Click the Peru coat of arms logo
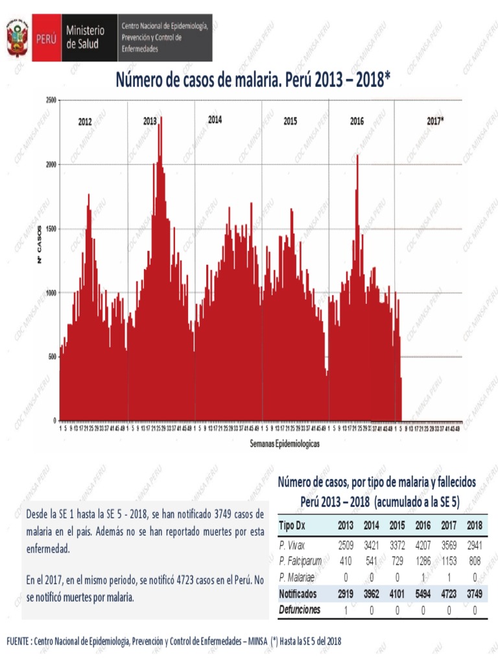(18, 38)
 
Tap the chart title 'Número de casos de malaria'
(253, 80)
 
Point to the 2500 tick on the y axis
(51, 100)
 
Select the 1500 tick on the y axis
(51, 229)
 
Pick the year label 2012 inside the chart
(85, 121)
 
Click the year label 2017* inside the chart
(435, 121)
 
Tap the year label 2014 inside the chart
(215, 120)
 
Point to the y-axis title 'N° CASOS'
(40, 244)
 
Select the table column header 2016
(423, 525)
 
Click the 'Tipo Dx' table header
(292, 525)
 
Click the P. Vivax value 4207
(423, 545)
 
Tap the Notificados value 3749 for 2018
(475, 593)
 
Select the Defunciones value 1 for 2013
(346, 610)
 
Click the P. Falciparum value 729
(397, 561)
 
